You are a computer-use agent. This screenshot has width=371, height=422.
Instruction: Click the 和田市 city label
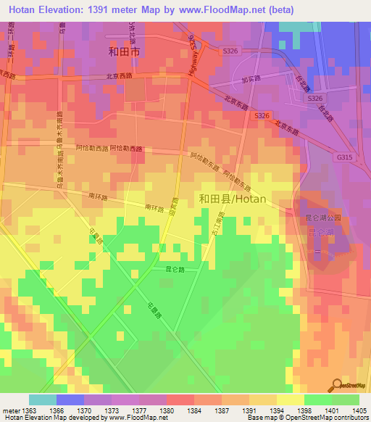(x=123, y=52)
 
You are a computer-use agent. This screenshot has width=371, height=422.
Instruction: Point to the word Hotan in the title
(x=25, y=9)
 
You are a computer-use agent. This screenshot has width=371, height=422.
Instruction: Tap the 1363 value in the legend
(x=28, y=410)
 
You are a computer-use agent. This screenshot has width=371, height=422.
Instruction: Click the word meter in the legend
(x=9, y=410)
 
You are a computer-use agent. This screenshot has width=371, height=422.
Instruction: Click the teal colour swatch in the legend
(x=42, y=400)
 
